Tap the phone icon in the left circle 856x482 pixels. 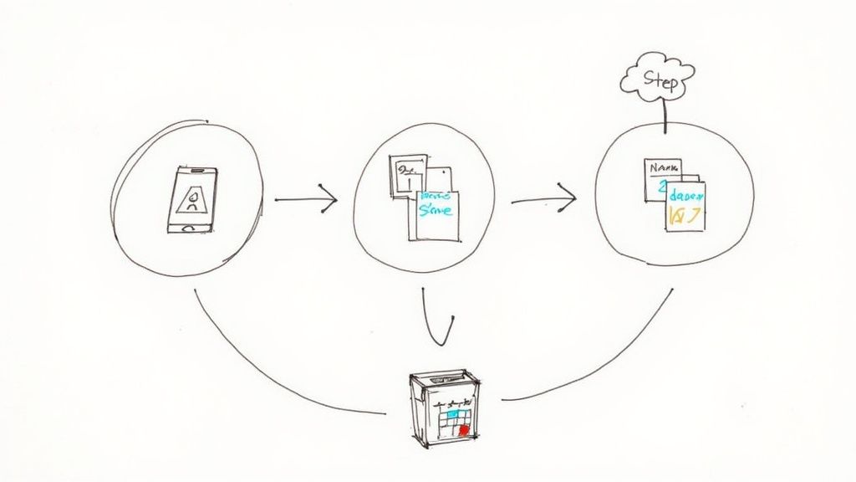[x=193, y=200]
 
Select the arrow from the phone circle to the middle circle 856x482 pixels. [x=306, y=200]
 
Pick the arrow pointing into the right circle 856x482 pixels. [x=543, y=200]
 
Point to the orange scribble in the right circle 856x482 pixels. [x=685, y=216]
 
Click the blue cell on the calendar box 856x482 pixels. [x=452, y=413]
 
